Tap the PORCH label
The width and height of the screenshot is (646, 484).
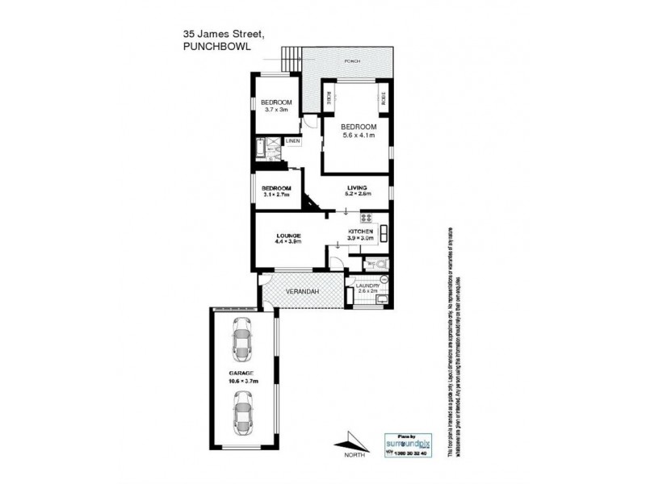(x=351, y=61)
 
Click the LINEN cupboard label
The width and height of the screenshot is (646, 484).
(x=292, y=142)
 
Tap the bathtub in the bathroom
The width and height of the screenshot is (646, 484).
(x=260, y=149)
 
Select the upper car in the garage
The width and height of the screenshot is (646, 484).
(x=241, y=341)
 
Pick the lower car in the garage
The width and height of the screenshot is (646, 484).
(x=241, y=412)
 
